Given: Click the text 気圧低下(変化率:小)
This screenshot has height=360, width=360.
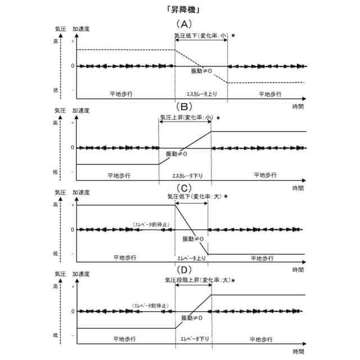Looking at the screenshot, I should [201, 35].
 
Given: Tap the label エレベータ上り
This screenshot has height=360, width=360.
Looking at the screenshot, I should [191, 258].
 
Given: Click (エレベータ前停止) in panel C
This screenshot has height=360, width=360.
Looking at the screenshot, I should [151, 224].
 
